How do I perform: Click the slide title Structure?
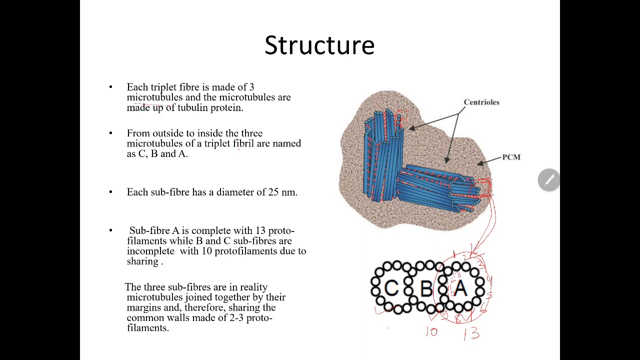[x=319, y=45]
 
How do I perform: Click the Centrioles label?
[x=481, y=102]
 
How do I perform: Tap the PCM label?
[x=511, y=157]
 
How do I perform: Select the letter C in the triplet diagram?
[x=391, y=288]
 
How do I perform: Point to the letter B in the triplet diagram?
[x=426, y=289]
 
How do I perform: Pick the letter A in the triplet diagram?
[x=460, y=288]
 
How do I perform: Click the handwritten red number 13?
[x=471, y=333]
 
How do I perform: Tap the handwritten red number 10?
[x=431, y=331]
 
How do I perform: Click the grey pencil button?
[x=548, y=180]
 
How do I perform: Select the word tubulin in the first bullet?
[x=193, y=107]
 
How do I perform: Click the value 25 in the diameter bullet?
[x=273, y=192]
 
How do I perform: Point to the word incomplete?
[x=150, y=251]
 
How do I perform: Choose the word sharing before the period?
[x=142, y=261]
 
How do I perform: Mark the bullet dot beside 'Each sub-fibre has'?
[x=111, y=192]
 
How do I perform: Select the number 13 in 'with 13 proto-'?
[x=260, y=230]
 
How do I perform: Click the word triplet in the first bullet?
[x=163, y=87]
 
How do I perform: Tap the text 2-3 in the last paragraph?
[x=236, y=317]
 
